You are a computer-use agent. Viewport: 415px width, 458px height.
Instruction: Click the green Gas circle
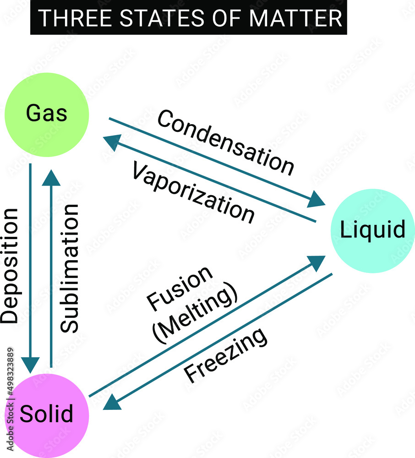[47, 113]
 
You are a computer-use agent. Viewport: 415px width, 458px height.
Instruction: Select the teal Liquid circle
[372, 229]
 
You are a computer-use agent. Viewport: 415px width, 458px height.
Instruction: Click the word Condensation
[225, 143]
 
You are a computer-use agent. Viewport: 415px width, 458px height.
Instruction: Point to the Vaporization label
[193, 192]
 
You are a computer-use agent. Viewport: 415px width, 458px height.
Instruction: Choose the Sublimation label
[70, 268]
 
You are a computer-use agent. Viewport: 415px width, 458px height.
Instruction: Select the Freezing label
[226, 355]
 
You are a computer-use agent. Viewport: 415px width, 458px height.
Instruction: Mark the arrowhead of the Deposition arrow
[30, 365]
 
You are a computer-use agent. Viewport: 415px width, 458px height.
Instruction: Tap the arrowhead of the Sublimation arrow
[51, 175]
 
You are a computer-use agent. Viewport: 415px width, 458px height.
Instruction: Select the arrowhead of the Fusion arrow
[317, 262]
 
